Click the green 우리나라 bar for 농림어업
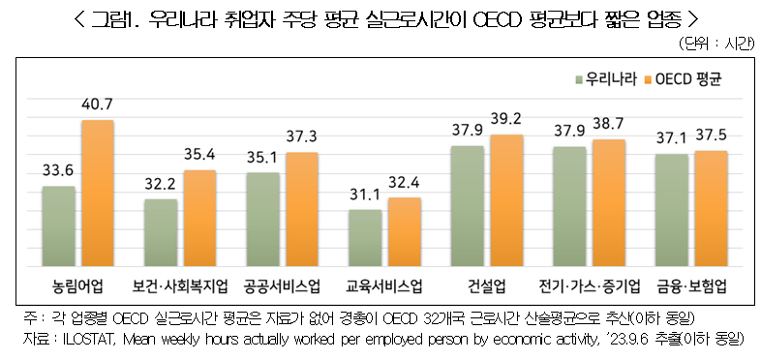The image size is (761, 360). (59, 225)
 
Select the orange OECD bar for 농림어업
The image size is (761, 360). (97, 194)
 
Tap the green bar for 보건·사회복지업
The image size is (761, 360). (161, 232)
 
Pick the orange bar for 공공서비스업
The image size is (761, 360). (300, 209)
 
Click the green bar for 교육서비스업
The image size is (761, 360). (364, 237)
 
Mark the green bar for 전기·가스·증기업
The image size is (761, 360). (569, 206)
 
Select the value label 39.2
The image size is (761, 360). (505, 119)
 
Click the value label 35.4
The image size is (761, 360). (199, 153)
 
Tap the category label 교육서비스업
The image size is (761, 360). (384, 286)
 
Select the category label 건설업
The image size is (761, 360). (486, 286)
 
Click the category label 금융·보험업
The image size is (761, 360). (690, 286)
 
